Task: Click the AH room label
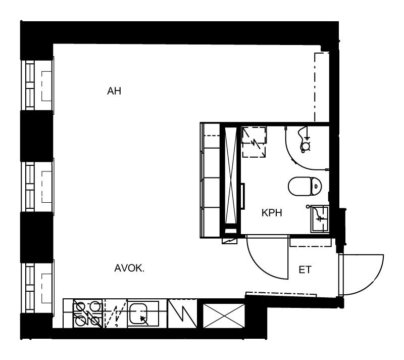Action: point(114,91)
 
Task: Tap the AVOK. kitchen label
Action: point(129,268)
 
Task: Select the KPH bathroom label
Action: point(272,213)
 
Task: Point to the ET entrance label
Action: point(305,269)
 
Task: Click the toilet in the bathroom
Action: point(305,186)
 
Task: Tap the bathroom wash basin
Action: point(320,219)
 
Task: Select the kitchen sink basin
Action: point(138,314)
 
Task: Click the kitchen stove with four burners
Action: point(87,313)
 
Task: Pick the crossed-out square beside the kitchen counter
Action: point(224,316)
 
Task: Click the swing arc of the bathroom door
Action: point(260,268)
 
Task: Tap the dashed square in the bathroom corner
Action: point(255,142)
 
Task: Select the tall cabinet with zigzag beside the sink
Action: point(183,313)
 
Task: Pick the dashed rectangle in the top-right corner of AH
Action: point(322,86)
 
